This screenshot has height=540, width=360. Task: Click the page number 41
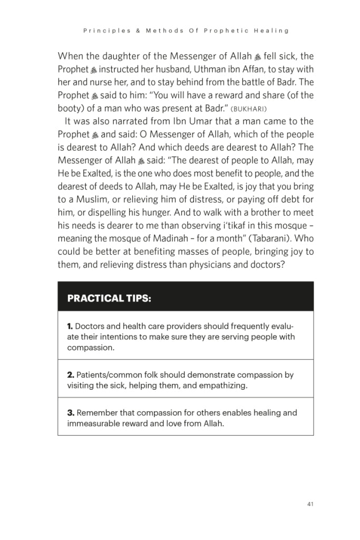(x=310, y=504)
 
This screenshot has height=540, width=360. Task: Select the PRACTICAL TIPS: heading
(x=109, y=298)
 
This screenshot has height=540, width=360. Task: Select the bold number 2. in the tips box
(x=71, y=375)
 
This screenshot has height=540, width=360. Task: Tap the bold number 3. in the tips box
(x=71, y=413)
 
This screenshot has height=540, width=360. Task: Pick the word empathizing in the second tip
(x=222, y=385)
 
